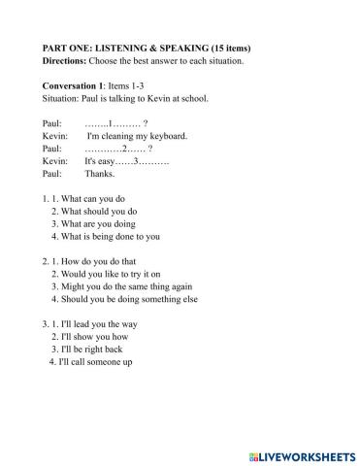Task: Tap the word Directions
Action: pos(68,61)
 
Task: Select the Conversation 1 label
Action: pos(80,85)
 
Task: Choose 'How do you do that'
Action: pos(107,262)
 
